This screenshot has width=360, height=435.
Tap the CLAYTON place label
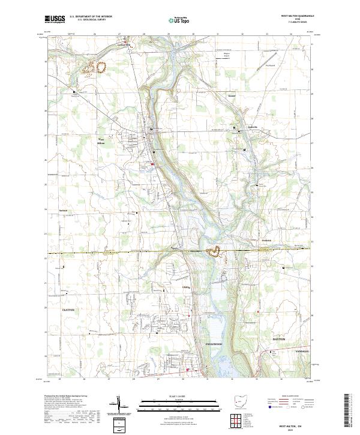[68, 308]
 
